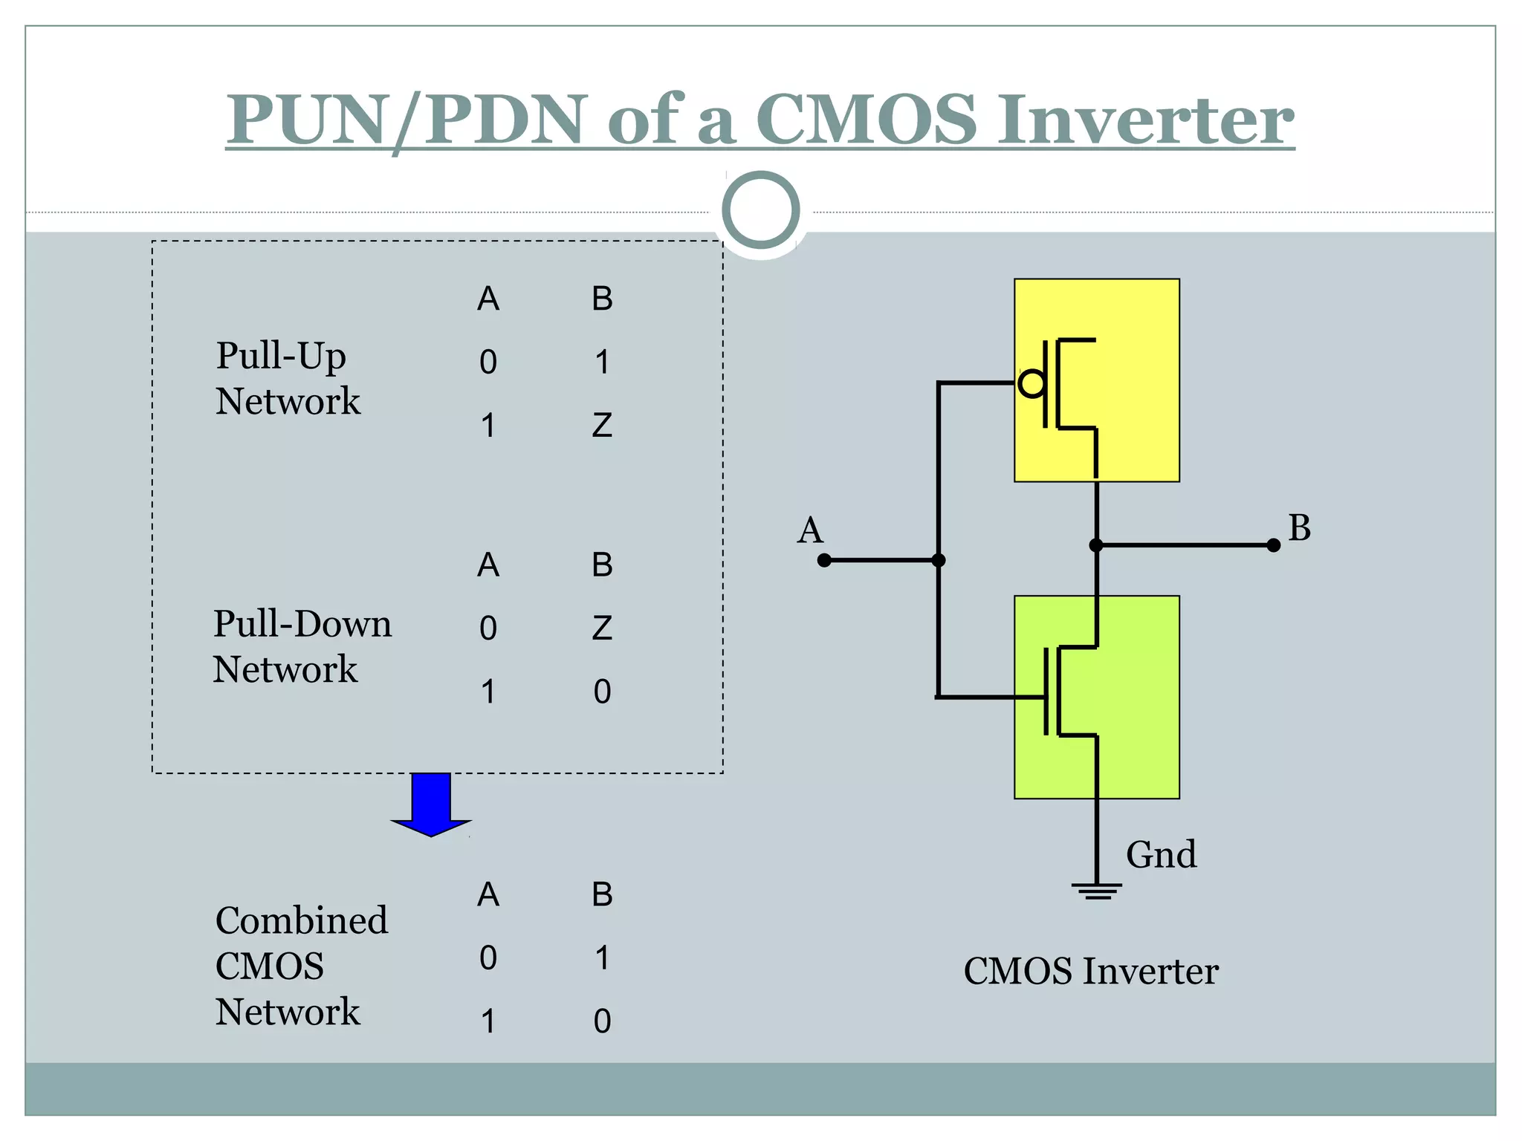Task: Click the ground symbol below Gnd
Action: pos(1096,891)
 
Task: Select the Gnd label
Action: pos(1161,854)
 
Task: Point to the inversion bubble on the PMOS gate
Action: pos(1032,383)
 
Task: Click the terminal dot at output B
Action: pos(1273,545)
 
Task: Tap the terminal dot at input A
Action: pos(824,560)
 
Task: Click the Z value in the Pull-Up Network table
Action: pos(602,426)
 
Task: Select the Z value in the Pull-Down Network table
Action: pos(602,628)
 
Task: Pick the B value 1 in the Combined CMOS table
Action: pos(602,958)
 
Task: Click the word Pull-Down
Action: pos(302,624)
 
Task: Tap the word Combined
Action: pos(301,920)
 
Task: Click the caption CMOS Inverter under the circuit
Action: pos(1090,971)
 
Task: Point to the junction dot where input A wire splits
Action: pos(939,560)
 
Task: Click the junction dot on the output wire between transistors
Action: pos(1096,545)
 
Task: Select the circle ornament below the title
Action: pos(760,210)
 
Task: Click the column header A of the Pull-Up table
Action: pos(488,299)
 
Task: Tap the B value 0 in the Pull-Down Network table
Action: pos(602,692)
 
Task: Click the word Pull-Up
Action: pos(281,356)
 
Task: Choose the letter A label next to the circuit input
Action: pos(810,530)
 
